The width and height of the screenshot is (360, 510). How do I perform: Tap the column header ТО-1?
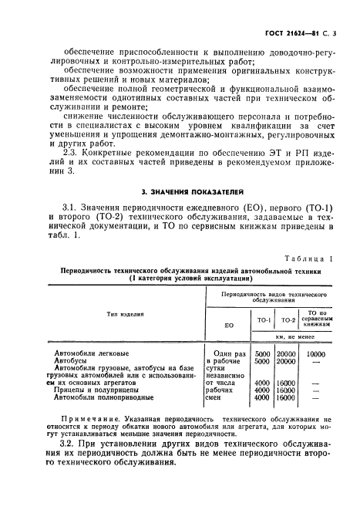[x=261, y=319]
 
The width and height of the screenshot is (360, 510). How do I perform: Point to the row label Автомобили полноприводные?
[x=105, y=397]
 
